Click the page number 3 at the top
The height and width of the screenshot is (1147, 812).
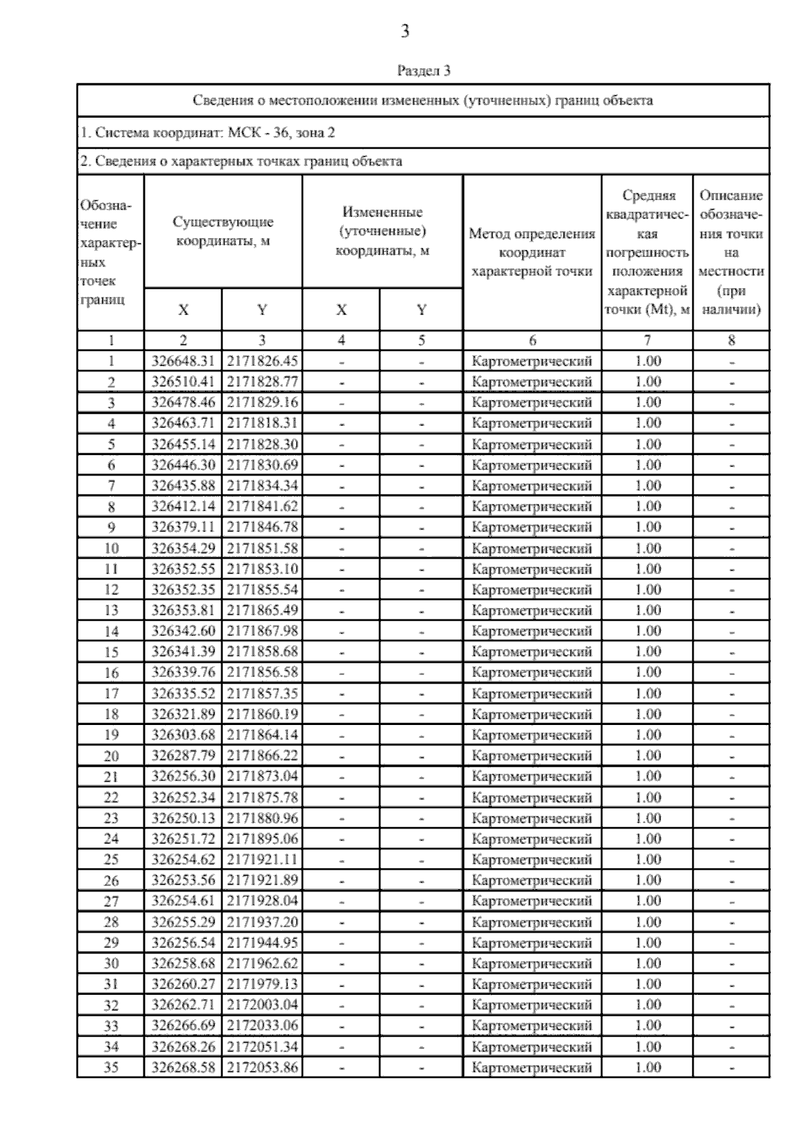coord(405,32)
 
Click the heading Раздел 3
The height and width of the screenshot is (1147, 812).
coord(424,70)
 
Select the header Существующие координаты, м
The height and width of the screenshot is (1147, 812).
coord(223,231)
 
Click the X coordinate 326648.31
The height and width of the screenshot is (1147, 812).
coord(183,361)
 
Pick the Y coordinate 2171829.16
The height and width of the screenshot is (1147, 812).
coord(262,402)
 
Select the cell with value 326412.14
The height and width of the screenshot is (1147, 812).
coord(183,507)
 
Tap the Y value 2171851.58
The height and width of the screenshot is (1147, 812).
coord(262,548)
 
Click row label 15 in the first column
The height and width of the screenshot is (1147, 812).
coord(111,652)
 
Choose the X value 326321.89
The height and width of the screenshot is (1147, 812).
coord(183,714)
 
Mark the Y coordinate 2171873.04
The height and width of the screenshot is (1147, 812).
coord(262,776)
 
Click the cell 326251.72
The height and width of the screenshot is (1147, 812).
coord(183,839)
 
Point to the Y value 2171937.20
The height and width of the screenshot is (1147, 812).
coord(262,922)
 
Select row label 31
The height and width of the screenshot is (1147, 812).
coord(111,984)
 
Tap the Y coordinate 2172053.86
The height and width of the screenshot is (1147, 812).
coord(262,1068)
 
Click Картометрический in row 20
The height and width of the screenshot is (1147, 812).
coord(532,755)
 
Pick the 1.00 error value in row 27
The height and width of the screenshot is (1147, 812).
coord(648,901)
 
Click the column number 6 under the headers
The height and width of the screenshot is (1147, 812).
coord(532,341)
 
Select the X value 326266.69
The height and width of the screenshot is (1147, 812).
coord(183,1026)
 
